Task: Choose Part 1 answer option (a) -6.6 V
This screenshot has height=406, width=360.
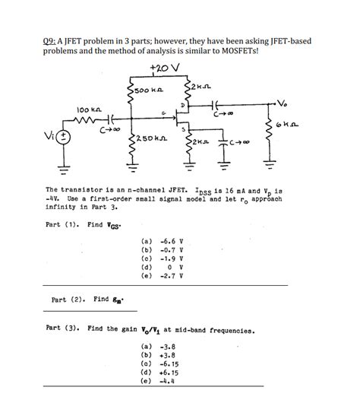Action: (x=164, y=241)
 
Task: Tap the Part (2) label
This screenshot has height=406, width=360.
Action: (x=65, y=300)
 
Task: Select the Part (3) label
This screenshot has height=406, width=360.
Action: (x=64, y=329)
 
